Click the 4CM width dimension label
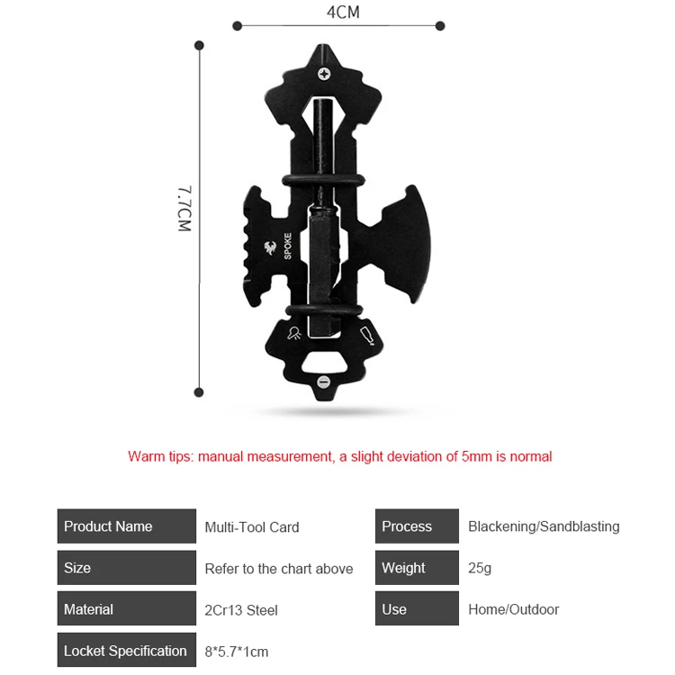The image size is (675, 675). click(x=343, y=12)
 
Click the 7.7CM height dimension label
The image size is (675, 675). click(x=184, y=209)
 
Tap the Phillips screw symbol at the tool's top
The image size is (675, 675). click(x=324, y=74)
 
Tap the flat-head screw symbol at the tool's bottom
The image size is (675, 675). click(x=323, y=382)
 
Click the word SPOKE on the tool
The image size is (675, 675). click(x=288, y=247)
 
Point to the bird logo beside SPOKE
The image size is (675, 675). click(x=270, y=248)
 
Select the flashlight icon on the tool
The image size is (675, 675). click(x=294, y=333)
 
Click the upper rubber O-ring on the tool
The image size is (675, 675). click(x=323, y=181)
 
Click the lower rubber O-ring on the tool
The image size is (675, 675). click(x=324, y=310)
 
